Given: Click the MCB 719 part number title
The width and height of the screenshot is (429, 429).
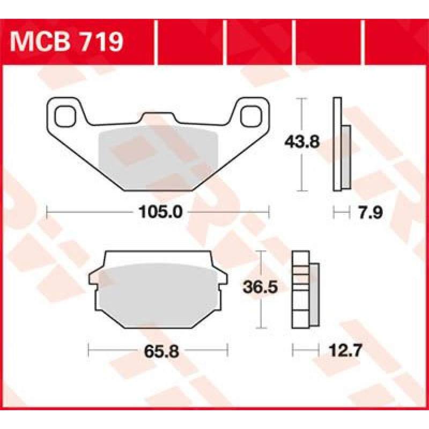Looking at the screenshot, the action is (x=66, y=42).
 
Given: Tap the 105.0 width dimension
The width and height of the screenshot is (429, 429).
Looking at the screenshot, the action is (x=160, y=212).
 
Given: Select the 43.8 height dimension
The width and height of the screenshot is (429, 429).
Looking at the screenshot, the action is (x=302, y=142).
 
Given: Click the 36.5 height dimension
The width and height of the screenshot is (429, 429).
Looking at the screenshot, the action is (x=260, y=287).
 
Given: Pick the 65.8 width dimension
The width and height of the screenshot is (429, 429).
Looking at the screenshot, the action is (x=161, y=351).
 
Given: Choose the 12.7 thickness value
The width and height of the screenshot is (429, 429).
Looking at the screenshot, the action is (x=345, y=350).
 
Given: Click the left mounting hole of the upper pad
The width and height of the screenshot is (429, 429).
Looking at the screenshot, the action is (x=65, y=116).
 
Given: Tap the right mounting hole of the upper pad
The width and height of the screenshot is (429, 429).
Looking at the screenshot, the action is (x=251, y=116).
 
